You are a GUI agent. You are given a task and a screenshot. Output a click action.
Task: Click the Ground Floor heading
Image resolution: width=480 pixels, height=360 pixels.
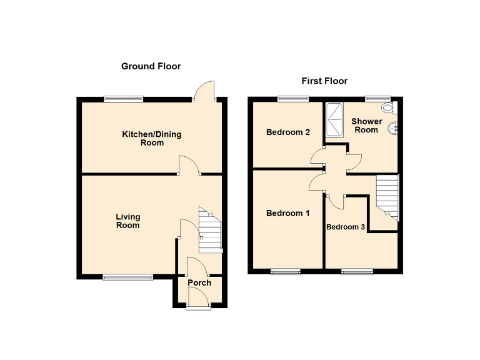click(x=151, y=66)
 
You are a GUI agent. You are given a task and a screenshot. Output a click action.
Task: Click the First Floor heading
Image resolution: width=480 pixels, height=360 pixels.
click(x=324, y=81)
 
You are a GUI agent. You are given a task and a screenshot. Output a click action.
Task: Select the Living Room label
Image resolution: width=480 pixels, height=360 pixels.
click(x=127, y=221)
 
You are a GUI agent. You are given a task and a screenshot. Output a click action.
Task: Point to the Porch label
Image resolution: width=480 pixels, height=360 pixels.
click(x=199, y=282)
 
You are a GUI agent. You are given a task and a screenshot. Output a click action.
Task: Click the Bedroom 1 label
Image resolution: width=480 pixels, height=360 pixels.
click(x=287, y=213)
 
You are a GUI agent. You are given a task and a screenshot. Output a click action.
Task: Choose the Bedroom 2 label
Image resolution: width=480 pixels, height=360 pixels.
click(x=288, y=132)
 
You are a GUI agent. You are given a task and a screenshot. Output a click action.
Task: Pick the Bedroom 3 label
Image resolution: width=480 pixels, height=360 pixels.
click(x=346, y=227)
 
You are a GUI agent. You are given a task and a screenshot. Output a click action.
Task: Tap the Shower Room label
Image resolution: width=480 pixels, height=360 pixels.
click(x=366, y=125)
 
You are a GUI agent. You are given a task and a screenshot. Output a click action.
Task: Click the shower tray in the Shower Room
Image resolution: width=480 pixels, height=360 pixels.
click(x=334, y=119)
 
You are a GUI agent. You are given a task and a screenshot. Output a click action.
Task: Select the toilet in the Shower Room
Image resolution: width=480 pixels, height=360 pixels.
click(x=388, y=108)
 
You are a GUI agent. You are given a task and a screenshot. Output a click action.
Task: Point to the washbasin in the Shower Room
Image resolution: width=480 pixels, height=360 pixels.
click(x=394, y=128)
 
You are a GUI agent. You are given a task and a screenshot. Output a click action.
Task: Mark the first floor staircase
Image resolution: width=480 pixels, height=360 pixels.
click(x=387, y=195)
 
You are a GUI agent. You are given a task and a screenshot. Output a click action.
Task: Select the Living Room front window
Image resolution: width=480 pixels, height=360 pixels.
click(x=127, y=277)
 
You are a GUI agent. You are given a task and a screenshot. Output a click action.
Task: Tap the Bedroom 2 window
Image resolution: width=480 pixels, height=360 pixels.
click(x=293, y=98)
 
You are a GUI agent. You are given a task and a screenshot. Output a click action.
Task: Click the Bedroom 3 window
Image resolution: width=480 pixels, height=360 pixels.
click(x=357, y=271)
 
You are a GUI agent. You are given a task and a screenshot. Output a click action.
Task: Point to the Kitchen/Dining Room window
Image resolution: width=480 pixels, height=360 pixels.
click(x=123, y=98)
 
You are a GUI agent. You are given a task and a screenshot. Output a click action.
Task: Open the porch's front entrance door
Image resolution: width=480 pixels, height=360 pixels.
click(x=199, y=301)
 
